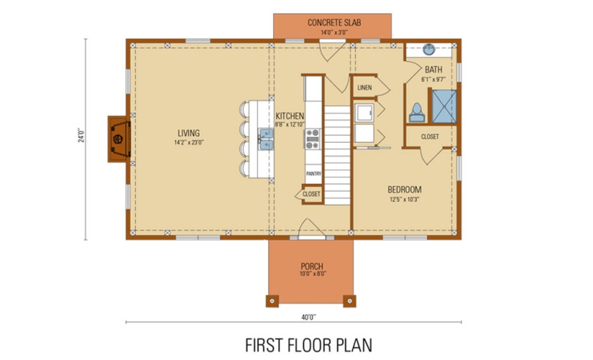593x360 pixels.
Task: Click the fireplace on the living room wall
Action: [x=118, y=139]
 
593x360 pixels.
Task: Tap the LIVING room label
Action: [x=188, y=132]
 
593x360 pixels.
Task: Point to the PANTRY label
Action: [x=313, y=174]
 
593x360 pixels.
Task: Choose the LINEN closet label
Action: [x=364, y=87]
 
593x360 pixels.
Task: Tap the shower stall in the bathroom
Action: [x=442, y=107]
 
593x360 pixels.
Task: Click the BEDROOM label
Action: [x=404, y=189]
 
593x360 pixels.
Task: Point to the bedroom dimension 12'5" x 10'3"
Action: [x=404, y=199]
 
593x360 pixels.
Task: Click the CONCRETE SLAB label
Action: [x=334, y=22]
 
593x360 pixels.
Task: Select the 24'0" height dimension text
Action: [x=80, y=137]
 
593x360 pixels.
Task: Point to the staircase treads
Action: [x=337, y=155]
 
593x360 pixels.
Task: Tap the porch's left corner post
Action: [x=272, y=299]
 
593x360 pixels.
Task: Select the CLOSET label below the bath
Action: [x=430, y=137]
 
